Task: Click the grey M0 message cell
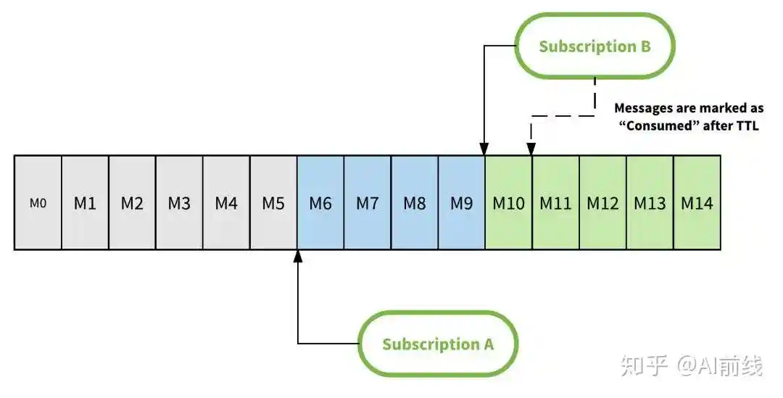(x=38, y=203)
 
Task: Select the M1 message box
(x=85, y=203)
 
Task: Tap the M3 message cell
(x=179, y=203)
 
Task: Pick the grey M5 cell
(x=273, y=203)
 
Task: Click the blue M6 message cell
(x=320, y=203)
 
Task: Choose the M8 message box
(x=415, y=203)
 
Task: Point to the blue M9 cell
(x=462, y=203)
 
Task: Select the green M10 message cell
(x=509, y=203)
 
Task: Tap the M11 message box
(x=556, y=203)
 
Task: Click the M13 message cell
(x=650, y=203)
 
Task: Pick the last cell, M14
(x=697, y=203)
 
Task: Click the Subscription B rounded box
(x=594, y=46)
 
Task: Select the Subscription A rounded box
(x=438, y=344)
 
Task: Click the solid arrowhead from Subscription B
(x=484, y=149)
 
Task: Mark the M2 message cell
(x=132, y=203)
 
